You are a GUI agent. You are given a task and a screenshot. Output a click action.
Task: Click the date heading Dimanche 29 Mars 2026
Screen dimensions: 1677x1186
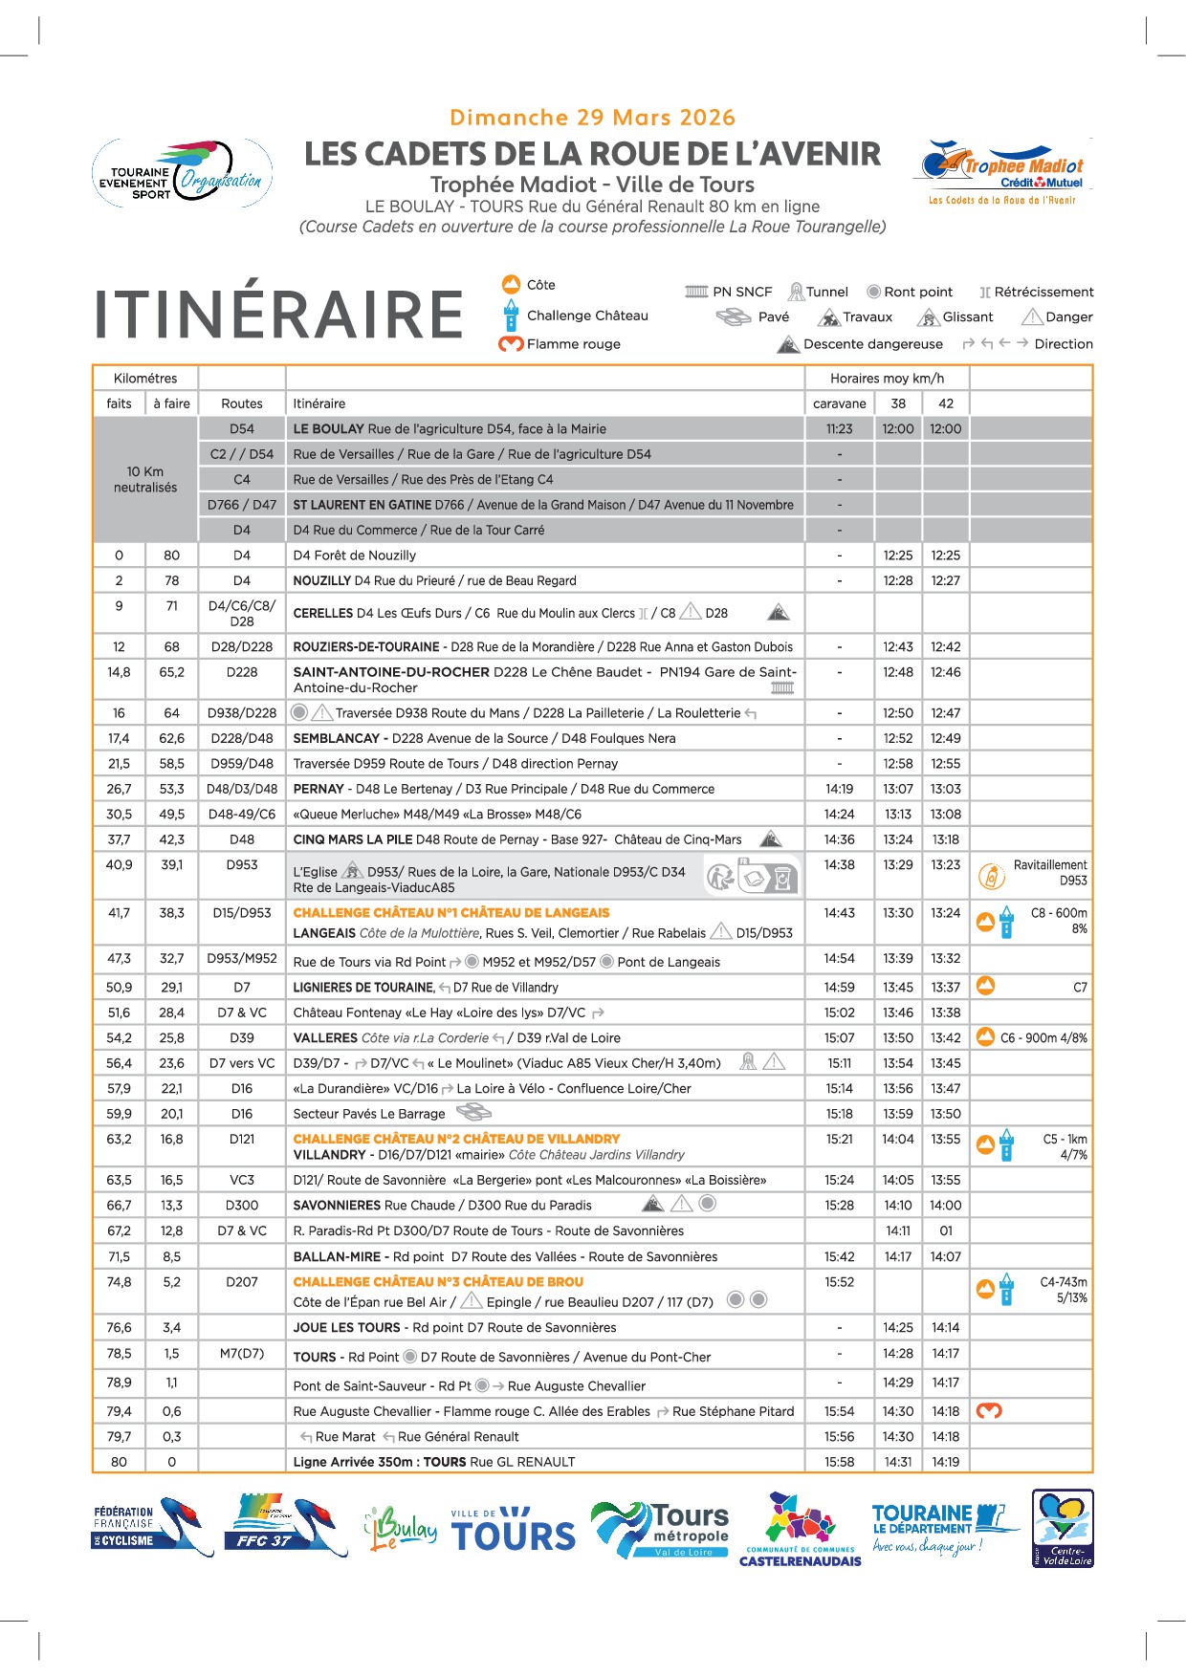click(x=592, y=118)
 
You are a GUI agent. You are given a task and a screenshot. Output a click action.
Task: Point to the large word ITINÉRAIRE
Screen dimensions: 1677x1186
click(x=278, y=315)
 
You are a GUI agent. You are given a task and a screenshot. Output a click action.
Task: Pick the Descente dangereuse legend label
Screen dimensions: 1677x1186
click(x=871, y=344)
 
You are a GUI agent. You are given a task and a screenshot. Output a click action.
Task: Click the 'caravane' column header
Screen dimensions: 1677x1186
click(x=839, y=403)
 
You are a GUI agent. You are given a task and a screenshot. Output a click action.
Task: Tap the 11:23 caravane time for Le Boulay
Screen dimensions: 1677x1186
click(x=839, y=429)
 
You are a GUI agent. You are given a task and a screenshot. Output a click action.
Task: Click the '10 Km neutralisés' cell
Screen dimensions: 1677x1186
click(x=145, y=479)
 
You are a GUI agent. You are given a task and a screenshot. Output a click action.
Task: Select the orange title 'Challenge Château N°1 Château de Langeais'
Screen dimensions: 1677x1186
click(x=451, y=913)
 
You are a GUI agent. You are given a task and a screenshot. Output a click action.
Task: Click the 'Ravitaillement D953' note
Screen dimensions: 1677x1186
click(x=1049, y=873)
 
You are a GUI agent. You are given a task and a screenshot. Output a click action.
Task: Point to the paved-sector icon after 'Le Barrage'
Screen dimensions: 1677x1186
click(x=473, y=1112)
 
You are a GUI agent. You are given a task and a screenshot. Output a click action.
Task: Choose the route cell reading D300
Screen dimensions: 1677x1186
click(x=242, y=1206)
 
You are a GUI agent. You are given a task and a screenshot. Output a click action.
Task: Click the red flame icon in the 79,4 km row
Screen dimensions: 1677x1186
click(x=988, y=1411)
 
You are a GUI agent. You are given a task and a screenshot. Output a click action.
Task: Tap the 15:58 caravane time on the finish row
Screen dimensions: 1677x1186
click(x=839, y=1462)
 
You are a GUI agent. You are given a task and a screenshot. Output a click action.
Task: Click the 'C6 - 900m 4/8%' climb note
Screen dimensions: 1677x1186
click(x=1043, y=1038)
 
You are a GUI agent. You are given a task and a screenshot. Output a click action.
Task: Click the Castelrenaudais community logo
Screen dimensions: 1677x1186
click(x=801, y=1530)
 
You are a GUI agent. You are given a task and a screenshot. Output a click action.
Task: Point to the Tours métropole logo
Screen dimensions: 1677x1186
click(x=660, y=1527)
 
